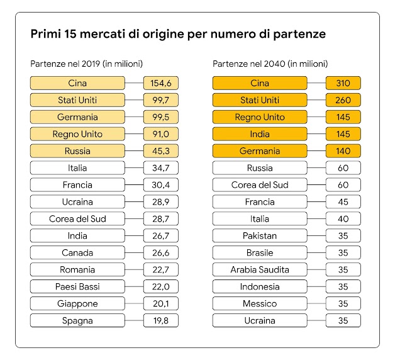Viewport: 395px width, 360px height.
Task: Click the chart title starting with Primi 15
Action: pos(178,34)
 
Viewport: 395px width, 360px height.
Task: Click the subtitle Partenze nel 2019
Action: pos(87,64)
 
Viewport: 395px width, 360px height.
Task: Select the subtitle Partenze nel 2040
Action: pos(270,64)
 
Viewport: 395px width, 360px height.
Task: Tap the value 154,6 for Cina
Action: pos(160,83)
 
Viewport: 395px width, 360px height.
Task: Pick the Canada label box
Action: pos(77,253)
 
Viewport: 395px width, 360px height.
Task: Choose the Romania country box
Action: pos(77,270)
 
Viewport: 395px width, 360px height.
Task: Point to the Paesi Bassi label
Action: pos(77,287)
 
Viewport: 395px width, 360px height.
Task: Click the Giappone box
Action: pos(77,304)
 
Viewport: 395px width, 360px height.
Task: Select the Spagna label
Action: pos(77,321)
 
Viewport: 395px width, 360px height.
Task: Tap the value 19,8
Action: pos(160,321)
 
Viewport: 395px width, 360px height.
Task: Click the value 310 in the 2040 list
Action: pos(343,83)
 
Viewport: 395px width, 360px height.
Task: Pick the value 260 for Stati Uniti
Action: pos(343,100)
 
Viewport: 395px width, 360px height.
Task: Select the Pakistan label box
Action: pos(260,236)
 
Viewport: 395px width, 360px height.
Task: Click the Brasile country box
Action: pos(260,253)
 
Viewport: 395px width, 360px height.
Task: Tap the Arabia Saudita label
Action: pos(260,270)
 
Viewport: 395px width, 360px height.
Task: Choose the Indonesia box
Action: pos(260,287)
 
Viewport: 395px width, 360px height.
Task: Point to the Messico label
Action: pos(260,304)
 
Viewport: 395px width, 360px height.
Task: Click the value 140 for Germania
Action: pos(343,151)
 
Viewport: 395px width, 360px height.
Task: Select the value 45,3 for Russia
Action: pos(160,151)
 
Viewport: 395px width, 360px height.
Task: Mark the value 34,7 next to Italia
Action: pos(160,168)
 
